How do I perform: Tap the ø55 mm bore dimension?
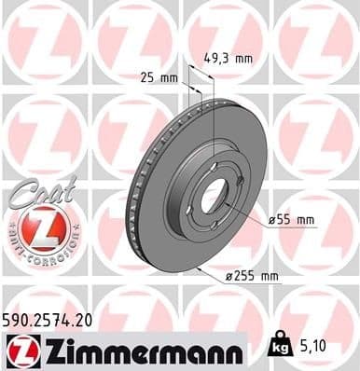click(x=292, y=219)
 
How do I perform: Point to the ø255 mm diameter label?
click(x=251, y=276)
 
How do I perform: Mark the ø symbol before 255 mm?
click(x=228, y=276)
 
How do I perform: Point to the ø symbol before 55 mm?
click(x=272, y=219)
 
